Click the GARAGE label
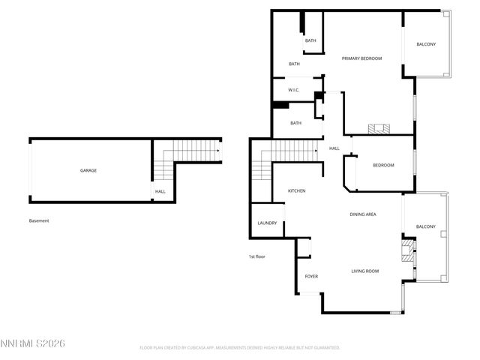click(88, 170)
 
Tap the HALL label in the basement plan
click(160, 191)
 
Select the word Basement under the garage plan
click(39, 220)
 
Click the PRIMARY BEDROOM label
click(361, 58)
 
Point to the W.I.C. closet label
click(294, 91)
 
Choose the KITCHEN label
click(297, 191)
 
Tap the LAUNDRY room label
click(267, 223)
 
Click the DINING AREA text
click(363, 214)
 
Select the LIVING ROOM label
click(365, 271)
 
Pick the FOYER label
click(311, 276)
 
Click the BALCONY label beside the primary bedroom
click(426, 44)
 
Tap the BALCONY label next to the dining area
click(426, 226)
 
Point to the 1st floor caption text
click(257, 256)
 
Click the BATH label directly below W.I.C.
click(296, 123)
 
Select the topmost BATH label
click(310, 40)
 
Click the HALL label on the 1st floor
click(334, 148)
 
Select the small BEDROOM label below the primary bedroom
click(383, 166)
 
